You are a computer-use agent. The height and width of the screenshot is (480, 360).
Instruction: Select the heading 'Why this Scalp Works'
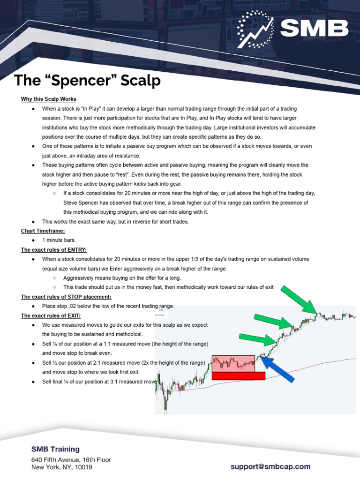tap(48, 99)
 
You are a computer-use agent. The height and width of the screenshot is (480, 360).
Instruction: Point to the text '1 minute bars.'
tap(59, 240)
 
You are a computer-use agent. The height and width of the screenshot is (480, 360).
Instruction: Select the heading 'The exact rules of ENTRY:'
tap(54, 249)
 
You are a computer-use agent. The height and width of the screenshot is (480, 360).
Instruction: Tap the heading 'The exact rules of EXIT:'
tap(51, 315)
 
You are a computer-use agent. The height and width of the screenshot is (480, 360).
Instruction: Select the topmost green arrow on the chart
tap(298, 300)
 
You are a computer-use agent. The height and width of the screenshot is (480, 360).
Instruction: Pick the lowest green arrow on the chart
tap(256, 340)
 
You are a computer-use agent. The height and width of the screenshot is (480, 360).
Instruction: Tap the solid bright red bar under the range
tap(238, 375)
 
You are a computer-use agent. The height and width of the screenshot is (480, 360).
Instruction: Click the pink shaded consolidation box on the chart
tap(233, 363)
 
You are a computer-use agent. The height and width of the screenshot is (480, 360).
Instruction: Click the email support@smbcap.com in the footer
tap(270, 466)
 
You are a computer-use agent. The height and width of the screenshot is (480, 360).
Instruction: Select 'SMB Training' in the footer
tap(55, 449)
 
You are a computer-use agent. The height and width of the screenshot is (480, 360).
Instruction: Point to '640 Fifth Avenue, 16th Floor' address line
tap(71, 459)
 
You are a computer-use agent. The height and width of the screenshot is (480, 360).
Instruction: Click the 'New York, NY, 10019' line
tap(61, 467)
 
